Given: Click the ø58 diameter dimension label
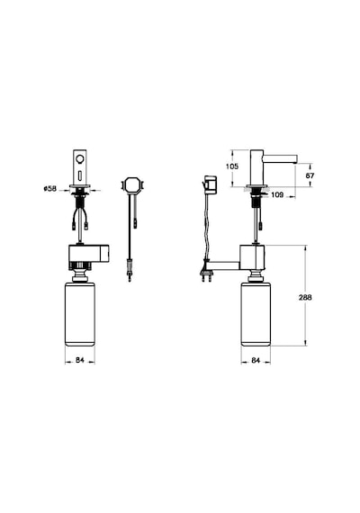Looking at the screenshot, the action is coord(50,189).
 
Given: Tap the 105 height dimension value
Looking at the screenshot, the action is coord(232,166).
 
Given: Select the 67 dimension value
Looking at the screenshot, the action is coord(310,175).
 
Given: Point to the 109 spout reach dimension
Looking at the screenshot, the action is coord(277,195).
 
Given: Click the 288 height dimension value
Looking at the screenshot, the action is coord(305,297).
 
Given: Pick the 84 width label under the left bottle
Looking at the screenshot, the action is coord(80,360).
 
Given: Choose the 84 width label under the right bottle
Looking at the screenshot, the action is coord(256,360).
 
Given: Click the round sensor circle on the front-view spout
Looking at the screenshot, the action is coord(80,159).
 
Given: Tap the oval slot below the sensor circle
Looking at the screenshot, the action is coord(80,176).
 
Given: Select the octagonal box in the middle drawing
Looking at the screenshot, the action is coord(132,184).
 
